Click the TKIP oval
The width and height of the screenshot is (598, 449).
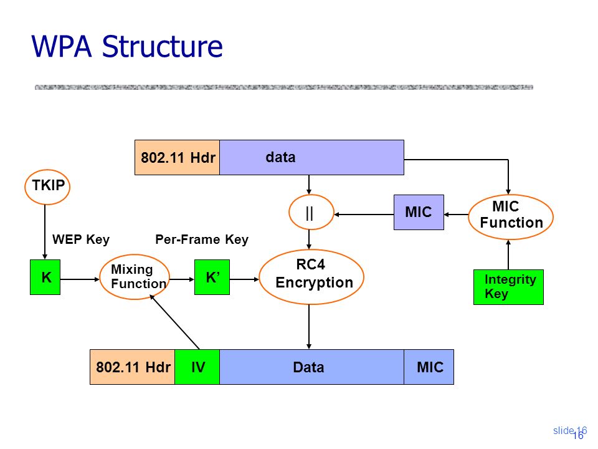pyautogui.click(x=47, y=187)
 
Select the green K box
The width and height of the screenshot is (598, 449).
pyautogui.click(x=45, y=277)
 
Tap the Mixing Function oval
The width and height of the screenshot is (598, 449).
pyautogui.click(x=135, y=277)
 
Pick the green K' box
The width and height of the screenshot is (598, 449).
pyautogui.click(x=212, y=277)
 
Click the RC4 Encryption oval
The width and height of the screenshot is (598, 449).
pyautogui.click(x=311, y=277)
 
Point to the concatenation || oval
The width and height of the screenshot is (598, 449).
pyautogui.click(x=311, y=212)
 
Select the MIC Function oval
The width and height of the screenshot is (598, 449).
pyautogui.click(x=511, y=217)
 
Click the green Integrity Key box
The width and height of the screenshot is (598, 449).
pyautogui.click(x=508, y=287)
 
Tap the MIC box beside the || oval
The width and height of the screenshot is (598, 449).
pyautogui.click(x=419, y=212)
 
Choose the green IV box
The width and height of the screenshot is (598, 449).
pyautogui.click(x=197, y=367)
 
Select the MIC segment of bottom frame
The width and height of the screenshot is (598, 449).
pyautogui.click(x=429, y=367)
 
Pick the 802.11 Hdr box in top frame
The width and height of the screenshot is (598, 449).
pyautogui.click(x=178, y=157)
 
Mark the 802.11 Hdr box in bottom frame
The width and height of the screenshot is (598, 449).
pyautogui.click(x=132, y=367)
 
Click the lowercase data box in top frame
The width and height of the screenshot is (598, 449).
pyautogui.click(x=311, y=157)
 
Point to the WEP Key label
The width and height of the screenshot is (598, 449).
pyautogui.click(x=81, y=239)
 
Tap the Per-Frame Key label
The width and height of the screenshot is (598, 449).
pyautogui.click(x=202, y=239)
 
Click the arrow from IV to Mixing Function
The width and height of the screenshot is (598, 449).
pyautogui.click(x=174, y=322)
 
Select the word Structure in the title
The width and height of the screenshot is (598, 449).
pyautogui.click(x=162, y=47)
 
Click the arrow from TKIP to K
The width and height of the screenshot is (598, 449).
pyautogui.click(x=45, y=232)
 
